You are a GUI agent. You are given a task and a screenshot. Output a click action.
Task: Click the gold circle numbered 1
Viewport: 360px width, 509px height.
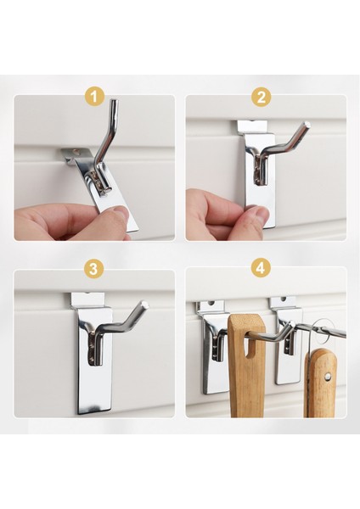[94, 97]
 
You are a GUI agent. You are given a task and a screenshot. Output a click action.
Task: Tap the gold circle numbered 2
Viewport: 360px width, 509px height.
[262, 97]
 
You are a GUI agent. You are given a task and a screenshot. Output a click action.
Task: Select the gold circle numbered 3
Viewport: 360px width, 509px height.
[93, 269]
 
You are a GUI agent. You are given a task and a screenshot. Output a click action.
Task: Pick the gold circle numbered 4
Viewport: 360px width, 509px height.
[261, 268]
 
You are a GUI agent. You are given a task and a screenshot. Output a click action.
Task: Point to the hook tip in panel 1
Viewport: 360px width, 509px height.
[114, 102]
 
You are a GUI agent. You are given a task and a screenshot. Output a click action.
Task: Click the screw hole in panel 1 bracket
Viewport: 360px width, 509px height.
[76, 151]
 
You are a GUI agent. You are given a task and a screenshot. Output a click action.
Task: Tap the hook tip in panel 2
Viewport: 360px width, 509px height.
[307, 124]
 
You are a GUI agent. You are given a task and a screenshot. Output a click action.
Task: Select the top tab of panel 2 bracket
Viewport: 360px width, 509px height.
[252, 127]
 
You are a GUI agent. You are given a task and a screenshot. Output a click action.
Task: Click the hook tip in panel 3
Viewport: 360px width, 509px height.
[146, 305]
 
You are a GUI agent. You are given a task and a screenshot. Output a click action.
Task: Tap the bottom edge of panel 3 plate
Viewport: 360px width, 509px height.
[95, 412]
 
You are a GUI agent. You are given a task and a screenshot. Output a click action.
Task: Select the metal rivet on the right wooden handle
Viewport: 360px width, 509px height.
[328, 376]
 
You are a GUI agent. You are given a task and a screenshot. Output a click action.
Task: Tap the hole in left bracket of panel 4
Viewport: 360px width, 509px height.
[211, 305]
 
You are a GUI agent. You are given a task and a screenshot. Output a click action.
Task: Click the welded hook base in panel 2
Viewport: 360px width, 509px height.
[261, 169]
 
